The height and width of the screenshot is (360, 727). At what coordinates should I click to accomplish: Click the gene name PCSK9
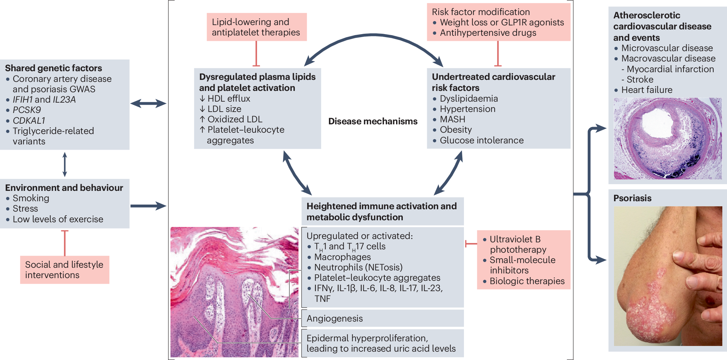pos(27,110)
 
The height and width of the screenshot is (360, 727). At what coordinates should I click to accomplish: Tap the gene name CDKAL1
pos(29,120)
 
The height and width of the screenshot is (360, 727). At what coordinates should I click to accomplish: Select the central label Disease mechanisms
pos(373,121)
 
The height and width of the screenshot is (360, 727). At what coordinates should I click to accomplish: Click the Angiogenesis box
pos(383,318)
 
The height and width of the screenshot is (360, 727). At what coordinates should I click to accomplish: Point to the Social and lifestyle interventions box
pos(65,270)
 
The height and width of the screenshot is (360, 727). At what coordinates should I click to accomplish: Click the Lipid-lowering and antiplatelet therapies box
pos(256,27)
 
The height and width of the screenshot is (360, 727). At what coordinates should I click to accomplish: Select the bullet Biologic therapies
pos(527,281)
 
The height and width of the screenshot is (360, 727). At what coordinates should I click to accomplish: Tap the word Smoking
pos(31,198)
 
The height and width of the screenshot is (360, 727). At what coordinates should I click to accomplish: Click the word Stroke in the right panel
pos(640,80)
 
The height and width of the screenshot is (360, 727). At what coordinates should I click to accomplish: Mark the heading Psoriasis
pos(632,198)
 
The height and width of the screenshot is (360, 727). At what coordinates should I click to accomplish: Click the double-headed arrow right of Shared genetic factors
pos(148,104)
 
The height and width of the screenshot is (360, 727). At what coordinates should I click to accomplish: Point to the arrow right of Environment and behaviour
pos(148,206)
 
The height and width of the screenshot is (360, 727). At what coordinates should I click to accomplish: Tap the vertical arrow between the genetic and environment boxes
pos(65,164)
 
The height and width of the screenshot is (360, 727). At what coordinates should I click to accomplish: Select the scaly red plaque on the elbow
pos(650,309)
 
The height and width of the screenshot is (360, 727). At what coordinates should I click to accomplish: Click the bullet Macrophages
pos(342,257)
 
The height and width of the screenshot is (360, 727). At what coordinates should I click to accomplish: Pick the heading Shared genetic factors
pos(53,68)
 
